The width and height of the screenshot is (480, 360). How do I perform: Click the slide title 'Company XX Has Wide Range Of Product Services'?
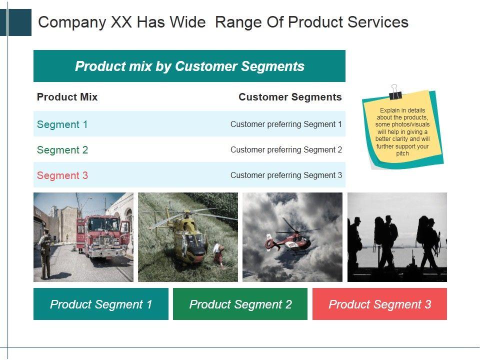(223, 22)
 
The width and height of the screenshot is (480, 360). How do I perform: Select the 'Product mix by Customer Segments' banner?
(189, 66)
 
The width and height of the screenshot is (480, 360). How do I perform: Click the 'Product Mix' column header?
(67, 97)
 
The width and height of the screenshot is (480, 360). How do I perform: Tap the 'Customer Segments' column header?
(290, 97)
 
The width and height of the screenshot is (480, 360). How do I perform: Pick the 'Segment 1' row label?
(62, 124)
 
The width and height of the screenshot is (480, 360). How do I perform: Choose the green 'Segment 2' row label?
(62, 150)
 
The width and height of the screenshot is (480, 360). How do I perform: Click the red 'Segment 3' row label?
(62, 175)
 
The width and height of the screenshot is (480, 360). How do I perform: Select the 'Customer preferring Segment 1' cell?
(286, 124)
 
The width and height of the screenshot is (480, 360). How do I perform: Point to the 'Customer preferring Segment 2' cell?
(286, 149)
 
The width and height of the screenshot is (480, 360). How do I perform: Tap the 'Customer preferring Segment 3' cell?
(286, 175)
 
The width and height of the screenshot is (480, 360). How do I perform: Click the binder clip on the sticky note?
(395, 92)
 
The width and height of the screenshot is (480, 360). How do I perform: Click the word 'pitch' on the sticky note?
(402, 153)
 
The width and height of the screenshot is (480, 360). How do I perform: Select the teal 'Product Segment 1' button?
(101, 304)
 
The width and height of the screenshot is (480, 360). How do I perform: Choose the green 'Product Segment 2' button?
(240, 304)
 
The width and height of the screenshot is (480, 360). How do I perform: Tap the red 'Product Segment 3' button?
(379, 304)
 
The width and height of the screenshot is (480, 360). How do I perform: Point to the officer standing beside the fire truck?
(45, 253)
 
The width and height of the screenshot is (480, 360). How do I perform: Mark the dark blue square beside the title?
(19, 22)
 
